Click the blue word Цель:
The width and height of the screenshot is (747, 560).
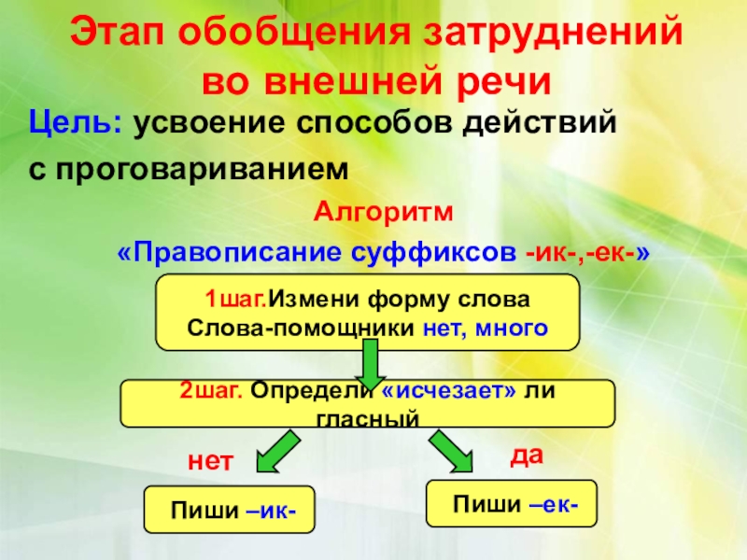74,123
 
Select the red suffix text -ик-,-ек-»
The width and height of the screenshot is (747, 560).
587,253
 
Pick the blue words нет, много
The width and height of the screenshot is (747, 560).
485,328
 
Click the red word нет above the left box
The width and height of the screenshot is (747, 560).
207,460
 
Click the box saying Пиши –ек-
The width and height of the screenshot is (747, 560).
510,505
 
